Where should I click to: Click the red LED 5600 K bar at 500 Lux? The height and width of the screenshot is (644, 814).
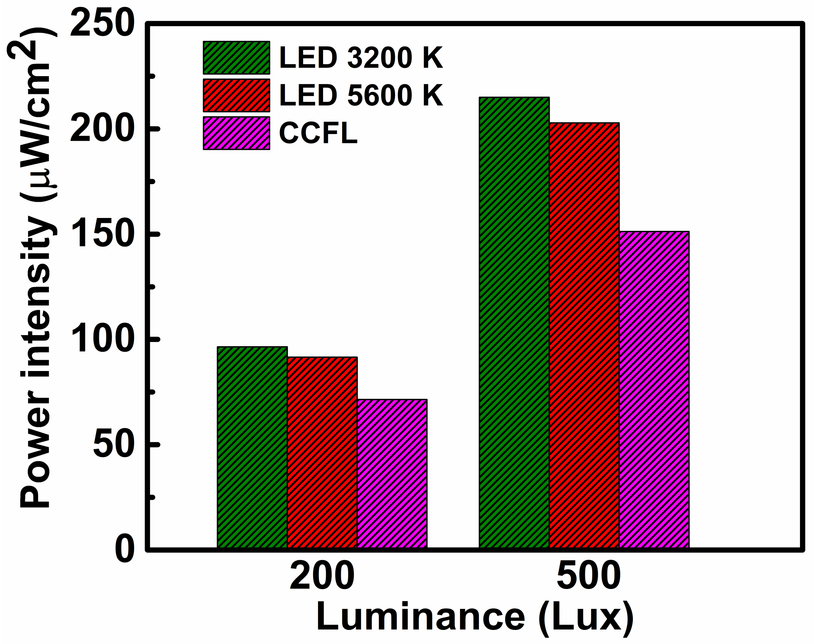[584, 335]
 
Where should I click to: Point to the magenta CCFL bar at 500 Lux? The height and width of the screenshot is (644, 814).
[654, 390]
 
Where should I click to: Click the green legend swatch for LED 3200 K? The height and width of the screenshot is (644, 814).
[236, 57]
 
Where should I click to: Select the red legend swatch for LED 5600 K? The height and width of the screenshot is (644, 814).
[236, 96]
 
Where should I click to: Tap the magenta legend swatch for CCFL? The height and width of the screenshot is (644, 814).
[236, 133]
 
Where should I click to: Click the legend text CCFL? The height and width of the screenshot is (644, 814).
[318, 133]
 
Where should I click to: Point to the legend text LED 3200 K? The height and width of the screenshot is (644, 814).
[361, 57]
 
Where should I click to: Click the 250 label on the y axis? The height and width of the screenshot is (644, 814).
[103, 24]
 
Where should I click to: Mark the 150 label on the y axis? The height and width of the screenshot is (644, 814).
[103, 235]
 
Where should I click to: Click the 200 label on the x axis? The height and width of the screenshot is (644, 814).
[322, 577]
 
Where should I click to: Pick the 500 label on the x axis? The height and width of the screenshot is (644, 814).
[589, 577]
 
